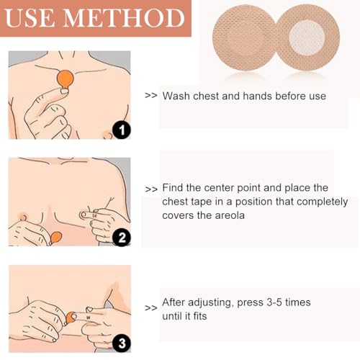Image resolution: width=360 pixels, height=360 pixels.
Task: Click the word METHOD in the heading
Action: [124, 18]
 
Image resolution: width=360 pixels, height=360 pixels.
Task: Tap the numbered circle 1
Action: [122, 130]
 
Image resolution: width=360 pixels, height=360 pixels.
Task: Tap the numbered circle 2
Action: [122, 238]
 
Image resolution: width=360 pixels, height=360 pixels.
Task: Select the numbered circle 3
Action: [122, 343]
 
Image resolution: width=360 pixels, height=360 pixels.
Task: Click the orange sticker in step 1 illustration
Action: [65, 79]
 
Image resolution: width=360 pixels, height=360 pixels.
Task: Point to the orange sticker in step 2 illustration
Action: [56, 238]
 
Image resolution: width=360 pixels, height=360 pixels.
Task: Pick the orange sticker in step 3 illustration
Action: [71, 318]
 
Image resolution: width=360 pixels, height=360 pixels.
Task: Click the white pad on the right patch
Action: [307, 37]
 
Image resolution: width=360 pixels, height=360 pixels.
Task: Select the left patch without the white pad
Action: [246, 37]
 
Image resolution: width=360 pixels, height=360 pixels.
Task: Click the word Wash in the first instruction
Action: [176, 96]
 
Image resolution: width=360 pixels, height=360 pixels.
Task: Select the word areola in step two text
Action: [230, 215]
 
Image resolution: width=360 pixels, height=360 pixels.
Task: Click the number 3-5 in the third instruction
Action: [274, 302]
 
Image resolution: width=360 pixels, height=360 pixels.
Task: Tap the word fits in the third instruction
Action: [199, 316]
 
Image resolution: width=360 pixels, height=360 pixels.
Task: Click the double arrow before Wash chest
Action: [151, 96]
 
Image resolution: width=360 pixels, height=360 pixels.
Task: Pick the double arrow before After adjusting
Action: [151, 308]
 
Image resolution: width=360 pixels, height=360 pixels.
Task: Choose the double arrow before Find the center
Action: [151, 189]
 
